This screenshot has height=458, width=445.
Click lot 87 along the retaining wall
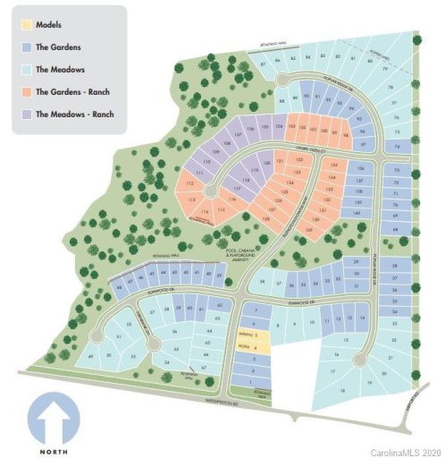tap(264, 65)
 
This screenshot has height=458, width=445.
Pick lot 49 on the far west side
tap(92, 356)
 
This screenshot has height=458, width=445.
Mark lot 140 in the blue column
tap(357, 212)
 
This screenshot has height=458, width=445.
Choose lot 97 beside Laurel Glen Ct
tap(361, 144)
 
